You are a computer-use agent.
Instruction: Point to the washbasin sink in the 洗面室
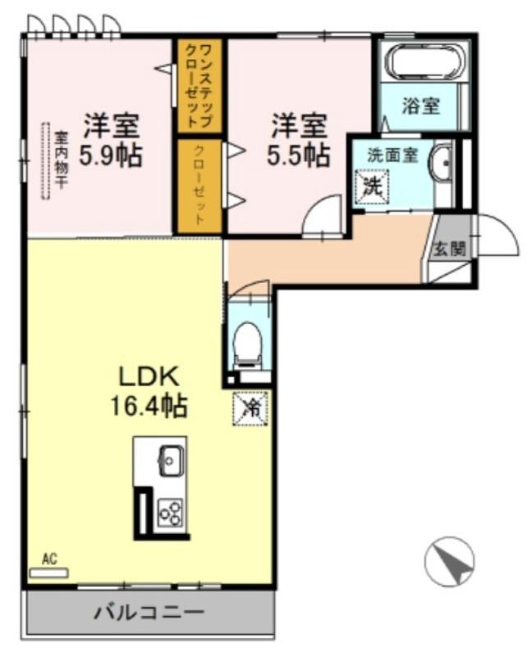443,163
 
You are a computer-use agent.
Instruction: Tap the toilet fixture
248,339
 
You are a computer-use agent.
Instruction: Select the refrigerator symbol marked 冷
250,407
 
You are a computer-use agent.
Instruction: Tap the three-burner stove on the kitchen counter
171,512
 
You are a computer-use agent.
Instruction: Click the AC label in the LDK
48,559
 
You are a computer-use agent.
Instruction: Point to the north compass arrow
449,563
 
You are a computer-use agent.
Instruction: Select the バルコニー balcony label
148,612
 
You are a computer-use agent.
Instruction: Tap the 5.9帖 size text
110,155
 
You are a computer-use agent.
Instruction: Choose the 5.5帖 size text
299,154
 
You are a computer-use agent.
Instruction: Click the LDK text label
149,376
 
